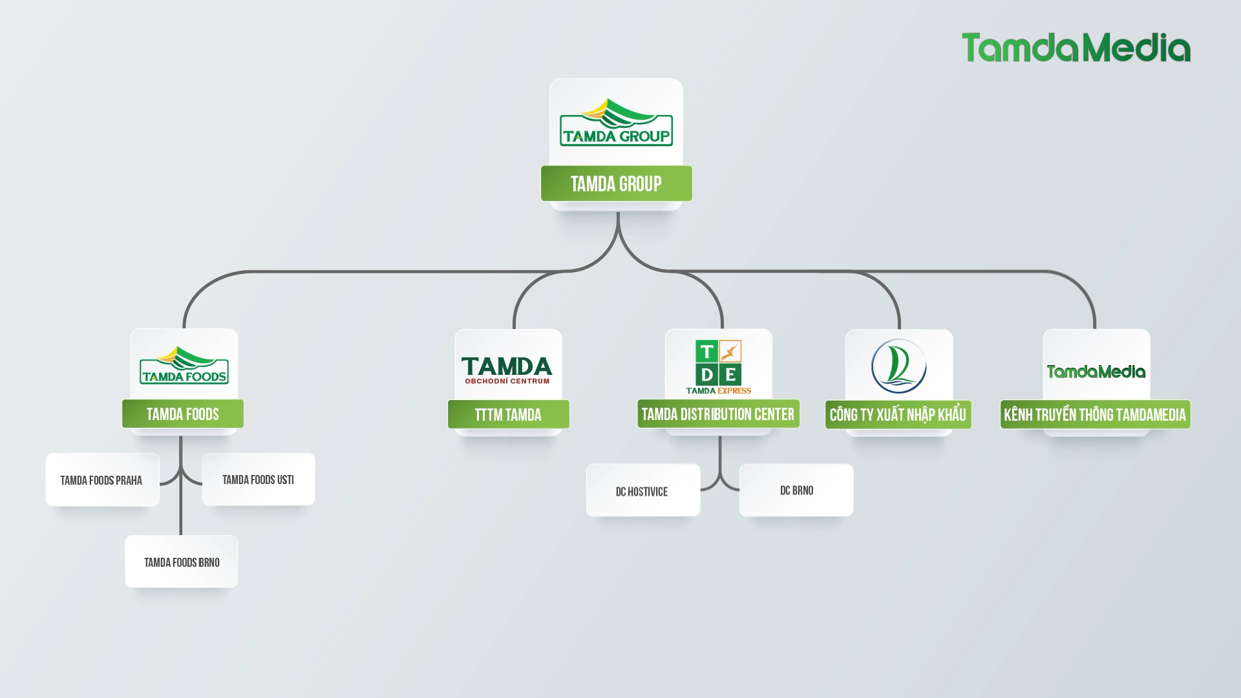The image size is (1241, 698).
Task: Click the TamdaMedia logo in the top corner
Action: tap(1076, 48)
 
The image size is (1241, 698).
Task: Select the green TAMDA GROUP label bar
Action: tap(616, 184)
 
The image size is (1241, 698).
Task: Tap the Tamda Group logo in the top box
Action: tap(616, 122)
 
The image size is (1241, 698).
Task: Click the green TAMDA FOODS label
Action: tap(182, 414)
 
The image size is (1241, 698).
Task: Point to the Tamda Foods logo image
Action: tap(184, 366)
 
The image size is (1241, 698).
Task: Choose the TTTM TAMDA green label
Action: tap(508, 414)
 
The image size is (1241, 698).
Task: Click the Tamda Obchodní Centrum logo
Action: tap(507, 370)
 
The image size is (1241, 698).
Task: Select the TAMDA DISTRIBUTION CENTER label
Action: tap(718, 414)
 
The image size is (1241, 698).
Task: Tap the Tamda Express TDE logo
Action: tap(718, 366)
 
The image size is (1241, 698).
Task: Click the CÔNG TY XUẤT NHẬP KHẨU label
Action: tap(898, 414)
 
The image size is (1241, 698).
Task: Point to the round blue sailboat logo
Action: tap(898, 366)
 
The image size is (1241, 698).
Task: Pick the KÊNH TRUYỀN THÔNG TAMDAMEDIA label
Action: tap(1095, 414)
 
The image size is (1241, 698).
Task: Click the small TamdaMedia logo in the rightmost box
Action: tap(1096, 372)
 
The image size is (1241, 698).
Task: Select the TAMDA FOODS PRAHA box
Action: tap(102, 480)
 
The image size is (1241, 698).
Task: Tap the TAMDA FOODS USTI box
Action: tap(259, 480)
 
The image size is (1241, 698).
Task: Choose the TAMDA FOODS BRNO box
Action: tap(182, 562)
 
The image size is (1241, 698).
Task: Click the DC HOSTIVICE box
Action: tap(642, 491)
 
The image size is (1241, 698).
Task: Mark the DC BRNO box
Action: tap(796, 490)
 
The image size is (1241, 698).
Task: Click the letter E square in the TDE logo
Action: tap(730, 374)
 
